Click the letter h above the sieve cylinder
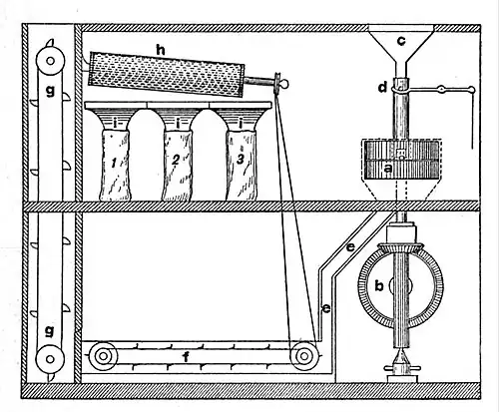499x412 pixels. pos(161,51)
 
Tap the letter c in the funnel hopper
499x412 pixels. pos(402,41)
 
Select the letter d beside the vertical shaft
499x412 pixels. pos(383,88)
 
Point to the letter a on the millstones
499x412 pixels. pos(387,169)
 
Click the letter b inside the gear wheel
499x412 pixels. pos(379,285)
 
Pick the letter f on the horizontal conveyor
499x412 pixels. pos(187,357)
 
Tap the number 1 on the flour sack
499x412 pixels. pos(114,163)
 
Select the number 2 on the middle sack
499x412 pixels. pos(176,161)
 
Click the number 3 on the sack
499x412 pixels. pos(241,160)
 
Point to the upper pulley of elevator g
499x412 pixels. pos(50,61)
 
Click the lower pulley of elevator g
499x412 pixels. pos(50,359)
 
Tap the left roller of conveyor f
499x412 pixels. pos(103,356)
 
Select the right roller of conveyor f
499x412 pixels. pos(304,356)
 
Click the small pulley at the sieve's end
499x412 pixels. pos(277,82)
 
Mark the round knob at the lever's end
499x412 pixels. pos(471,89)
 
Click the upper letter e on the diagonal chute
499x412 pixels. pos(350,247)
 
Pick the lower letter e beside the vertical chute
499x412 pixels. pos(326,309)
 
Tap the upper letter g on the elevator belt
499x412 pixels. pos(50,91)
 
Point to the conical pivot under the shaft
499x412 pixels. pos(402,358)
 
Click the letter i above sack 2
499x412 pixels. pos(178,125)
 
